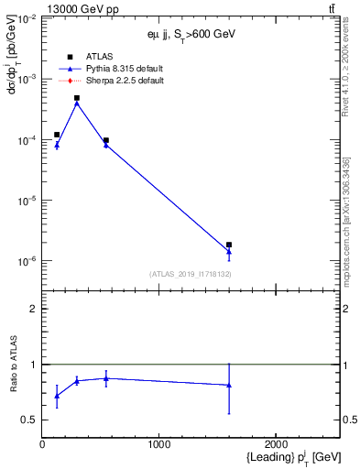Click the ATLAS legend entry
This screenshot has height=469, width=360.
tap(98, 57)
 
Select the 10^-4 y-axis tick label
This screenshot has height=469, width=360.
tap(27, 140)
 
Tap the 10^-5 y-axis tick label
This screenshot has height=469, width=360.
tap(27, 201)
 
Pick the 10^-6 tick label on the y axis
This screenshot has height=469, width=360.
tap(27, 261)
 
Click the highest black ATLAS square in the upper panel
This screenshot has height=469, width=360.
tap(77, 98)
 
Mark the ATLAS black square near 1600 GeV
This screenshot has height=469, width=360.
tap(229, 245)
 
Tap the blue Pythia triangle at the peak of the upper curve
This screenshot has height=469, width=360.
tap(77, 104)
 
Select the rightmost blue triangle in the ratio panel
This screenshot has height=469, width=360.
tap(229, 385)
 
